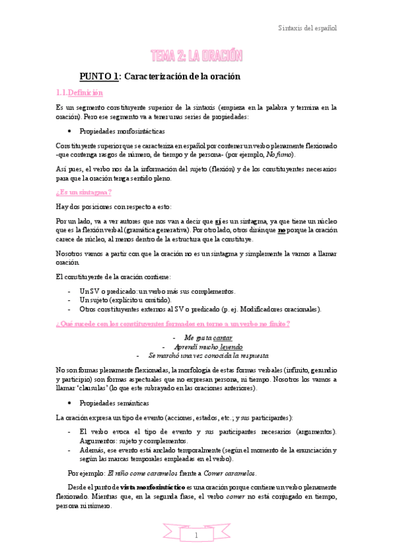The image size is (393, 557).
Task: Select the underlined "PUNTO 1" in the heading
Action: coord(98,77)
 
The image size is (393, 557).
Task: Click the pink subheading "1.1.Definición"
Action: coord(75,93)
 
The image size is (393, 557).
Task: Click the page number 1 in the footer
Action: coord(196,535)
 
